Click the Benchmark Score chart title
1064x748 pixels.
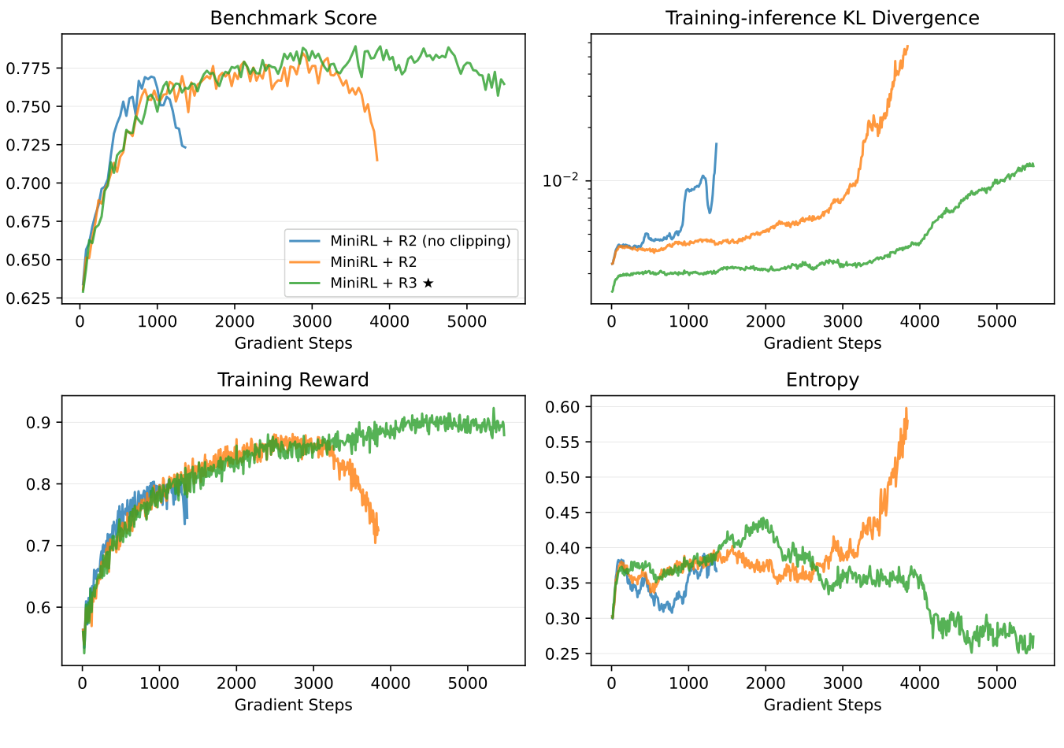tap(293, 18)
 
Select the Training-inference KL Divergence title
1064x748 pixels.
tap(822, 18)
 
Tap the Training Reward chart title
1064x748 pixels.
tap(293, 380)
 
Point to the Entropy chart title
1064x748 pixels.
tap(822, 380)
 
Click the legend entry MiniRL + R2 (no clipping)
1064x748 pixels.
tap(420, 241)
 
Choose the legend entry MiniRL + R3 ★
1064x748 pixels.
tap(382, 283)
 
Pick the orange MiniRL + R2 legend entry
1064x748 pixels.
tap(373, 262)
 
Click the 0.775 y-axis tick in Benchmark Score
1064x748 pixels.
tap(28, 69)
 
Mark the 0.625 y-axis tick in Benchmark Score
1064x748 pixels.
tap(28, 298)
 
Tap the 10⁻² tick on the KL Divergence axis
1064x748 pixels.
tap(560, 180)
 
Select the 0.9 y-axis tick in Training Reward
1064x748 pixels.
tap(39, 423)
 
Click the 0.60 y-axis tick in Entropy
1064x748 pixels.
tap(562, 407)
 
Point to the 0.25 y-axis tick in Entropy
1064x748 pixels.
tap(562, 654)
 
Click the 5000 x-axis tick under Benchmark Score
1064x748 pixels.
tap(467, 321)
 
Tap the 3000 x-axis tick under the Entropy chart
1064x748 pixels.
tap(843, 683)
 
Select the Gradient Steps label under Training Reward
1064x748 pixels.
tap(293, 705)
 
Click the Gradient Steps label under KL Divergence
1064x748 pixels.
tap(822, 343)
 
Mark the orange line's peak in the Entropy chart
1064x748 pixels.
tap(906, 409)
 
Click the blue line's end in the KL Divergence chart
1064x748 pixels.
tap(716, 144)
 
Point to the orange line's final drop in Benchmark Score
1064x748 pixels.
tap(376, 159)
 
